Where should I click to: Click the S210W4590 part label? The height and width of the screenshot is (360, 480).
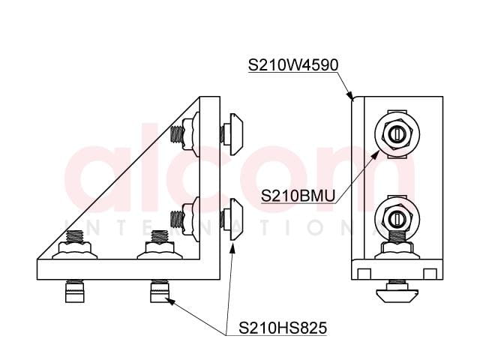(x=293, y=65)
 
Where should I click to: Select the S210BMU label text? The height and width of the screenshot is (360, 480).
(x=298, y=196)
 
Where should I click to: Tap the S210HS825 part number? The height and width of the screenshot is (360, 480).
(x=283, y=328)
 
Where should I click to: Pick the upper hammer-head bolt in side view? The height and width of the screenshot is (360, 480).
(x=232, y=133)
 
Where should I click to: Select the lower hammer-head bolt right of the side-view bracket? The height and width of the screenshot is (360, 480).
(x=232, y=219)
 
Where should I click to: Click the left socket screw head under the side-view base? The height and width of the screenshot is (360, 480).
(x=75, y=292)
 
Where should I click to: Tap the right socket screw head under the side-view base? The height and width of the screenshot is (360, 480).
(x=160, y=292)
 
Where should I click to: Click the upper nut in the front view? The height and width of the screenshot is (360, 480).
(x=397, y=134)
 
